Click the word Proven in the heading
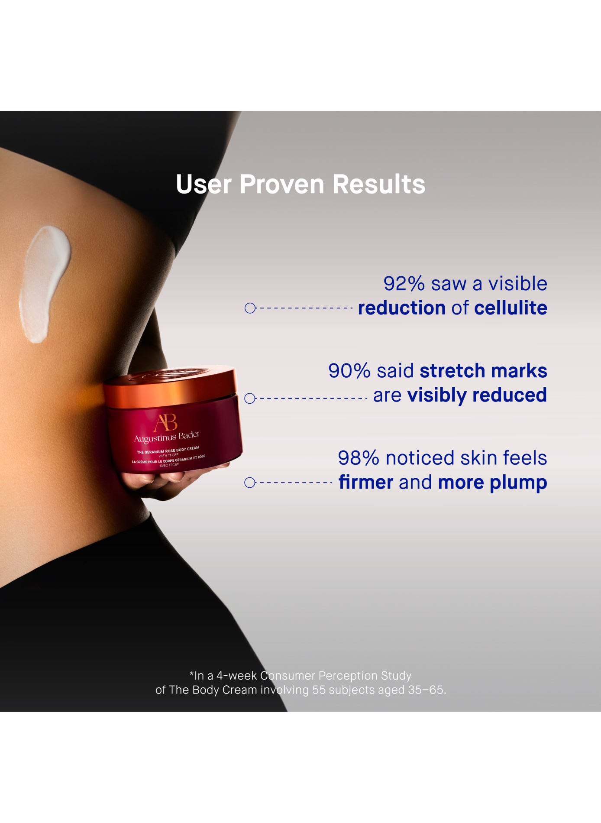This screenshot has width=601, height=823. pyautogui.click(x=282, y=185)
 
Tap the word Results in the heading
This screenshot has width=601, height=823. pyautogui.click(x=379, y=185)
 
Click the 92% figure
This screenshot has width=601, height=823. pyautogui.click(x=404, y=284)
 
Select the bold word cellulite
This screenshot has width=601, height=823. pyautogui.click(x=511, y=308)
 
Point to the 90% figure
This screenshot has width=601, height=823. pyautogui.click(x=349, y=371)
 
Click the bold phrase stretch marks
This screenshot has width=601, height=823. pyautogui.click(x=483, y=371)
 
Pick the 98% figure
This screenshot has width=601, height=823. pyautogui.click(x=359, y=458)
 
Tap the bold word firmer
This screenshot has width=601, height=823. pyautogui.click(x=366, y=482)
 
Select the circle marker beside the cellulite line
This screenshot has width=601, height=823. pyautogui.click(x=250, y=308)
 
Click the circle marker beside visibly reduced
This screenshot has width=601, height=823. pyautogui.click(x=250, y=399)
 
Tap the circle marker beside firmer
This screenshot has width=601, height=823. pyautogui.click(x=250, y=483)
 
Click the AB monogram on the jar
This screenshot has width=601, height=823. pyautogui.click(x=165, y=423)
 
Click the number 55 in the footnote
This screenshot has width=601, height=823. pyautogui.click(x=319, y=690)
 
